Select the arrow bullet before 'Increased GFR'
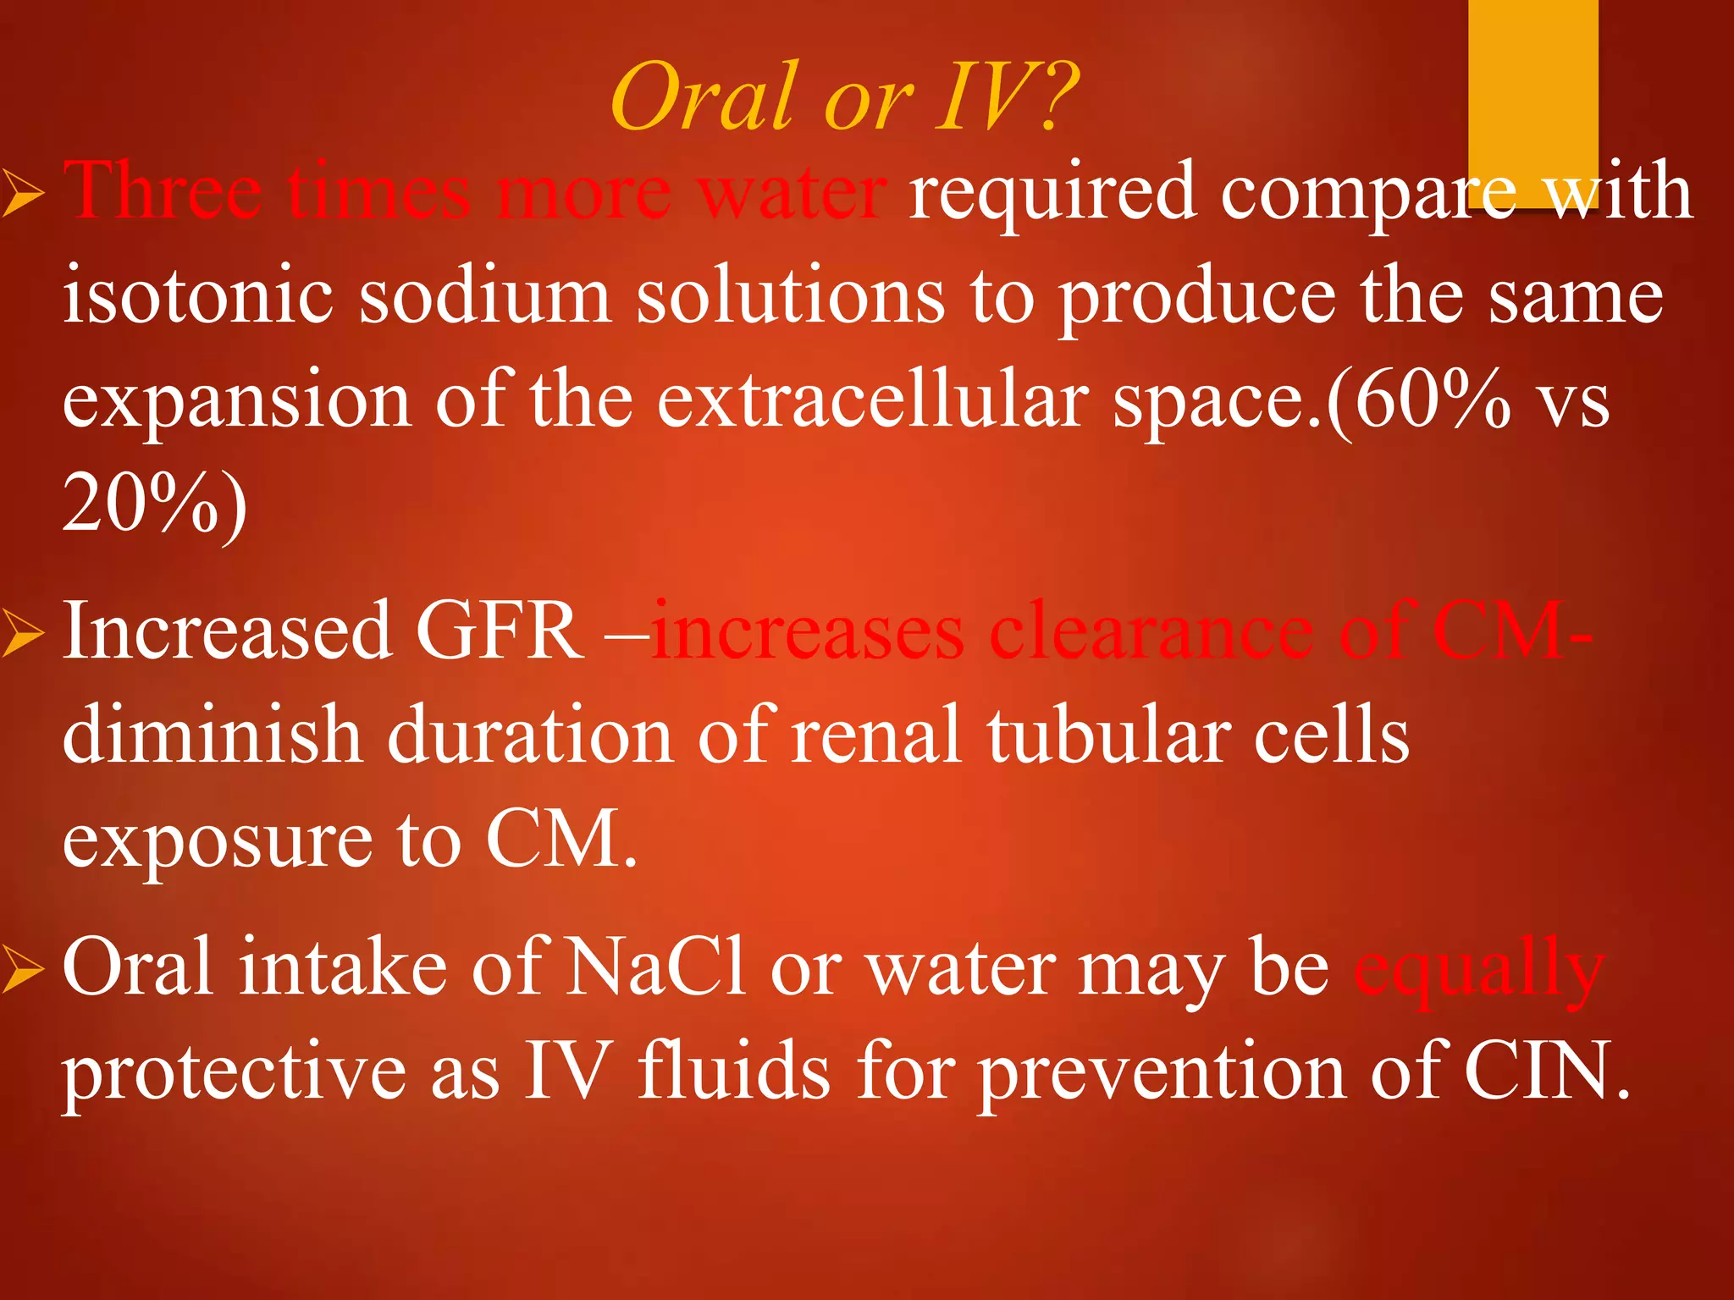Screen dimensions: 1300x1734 pos(22,636)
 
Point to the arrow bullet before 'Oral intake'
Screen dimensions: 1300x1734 pos(22,971)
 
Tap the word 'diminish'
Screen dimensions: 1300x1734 pos(212,735)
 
